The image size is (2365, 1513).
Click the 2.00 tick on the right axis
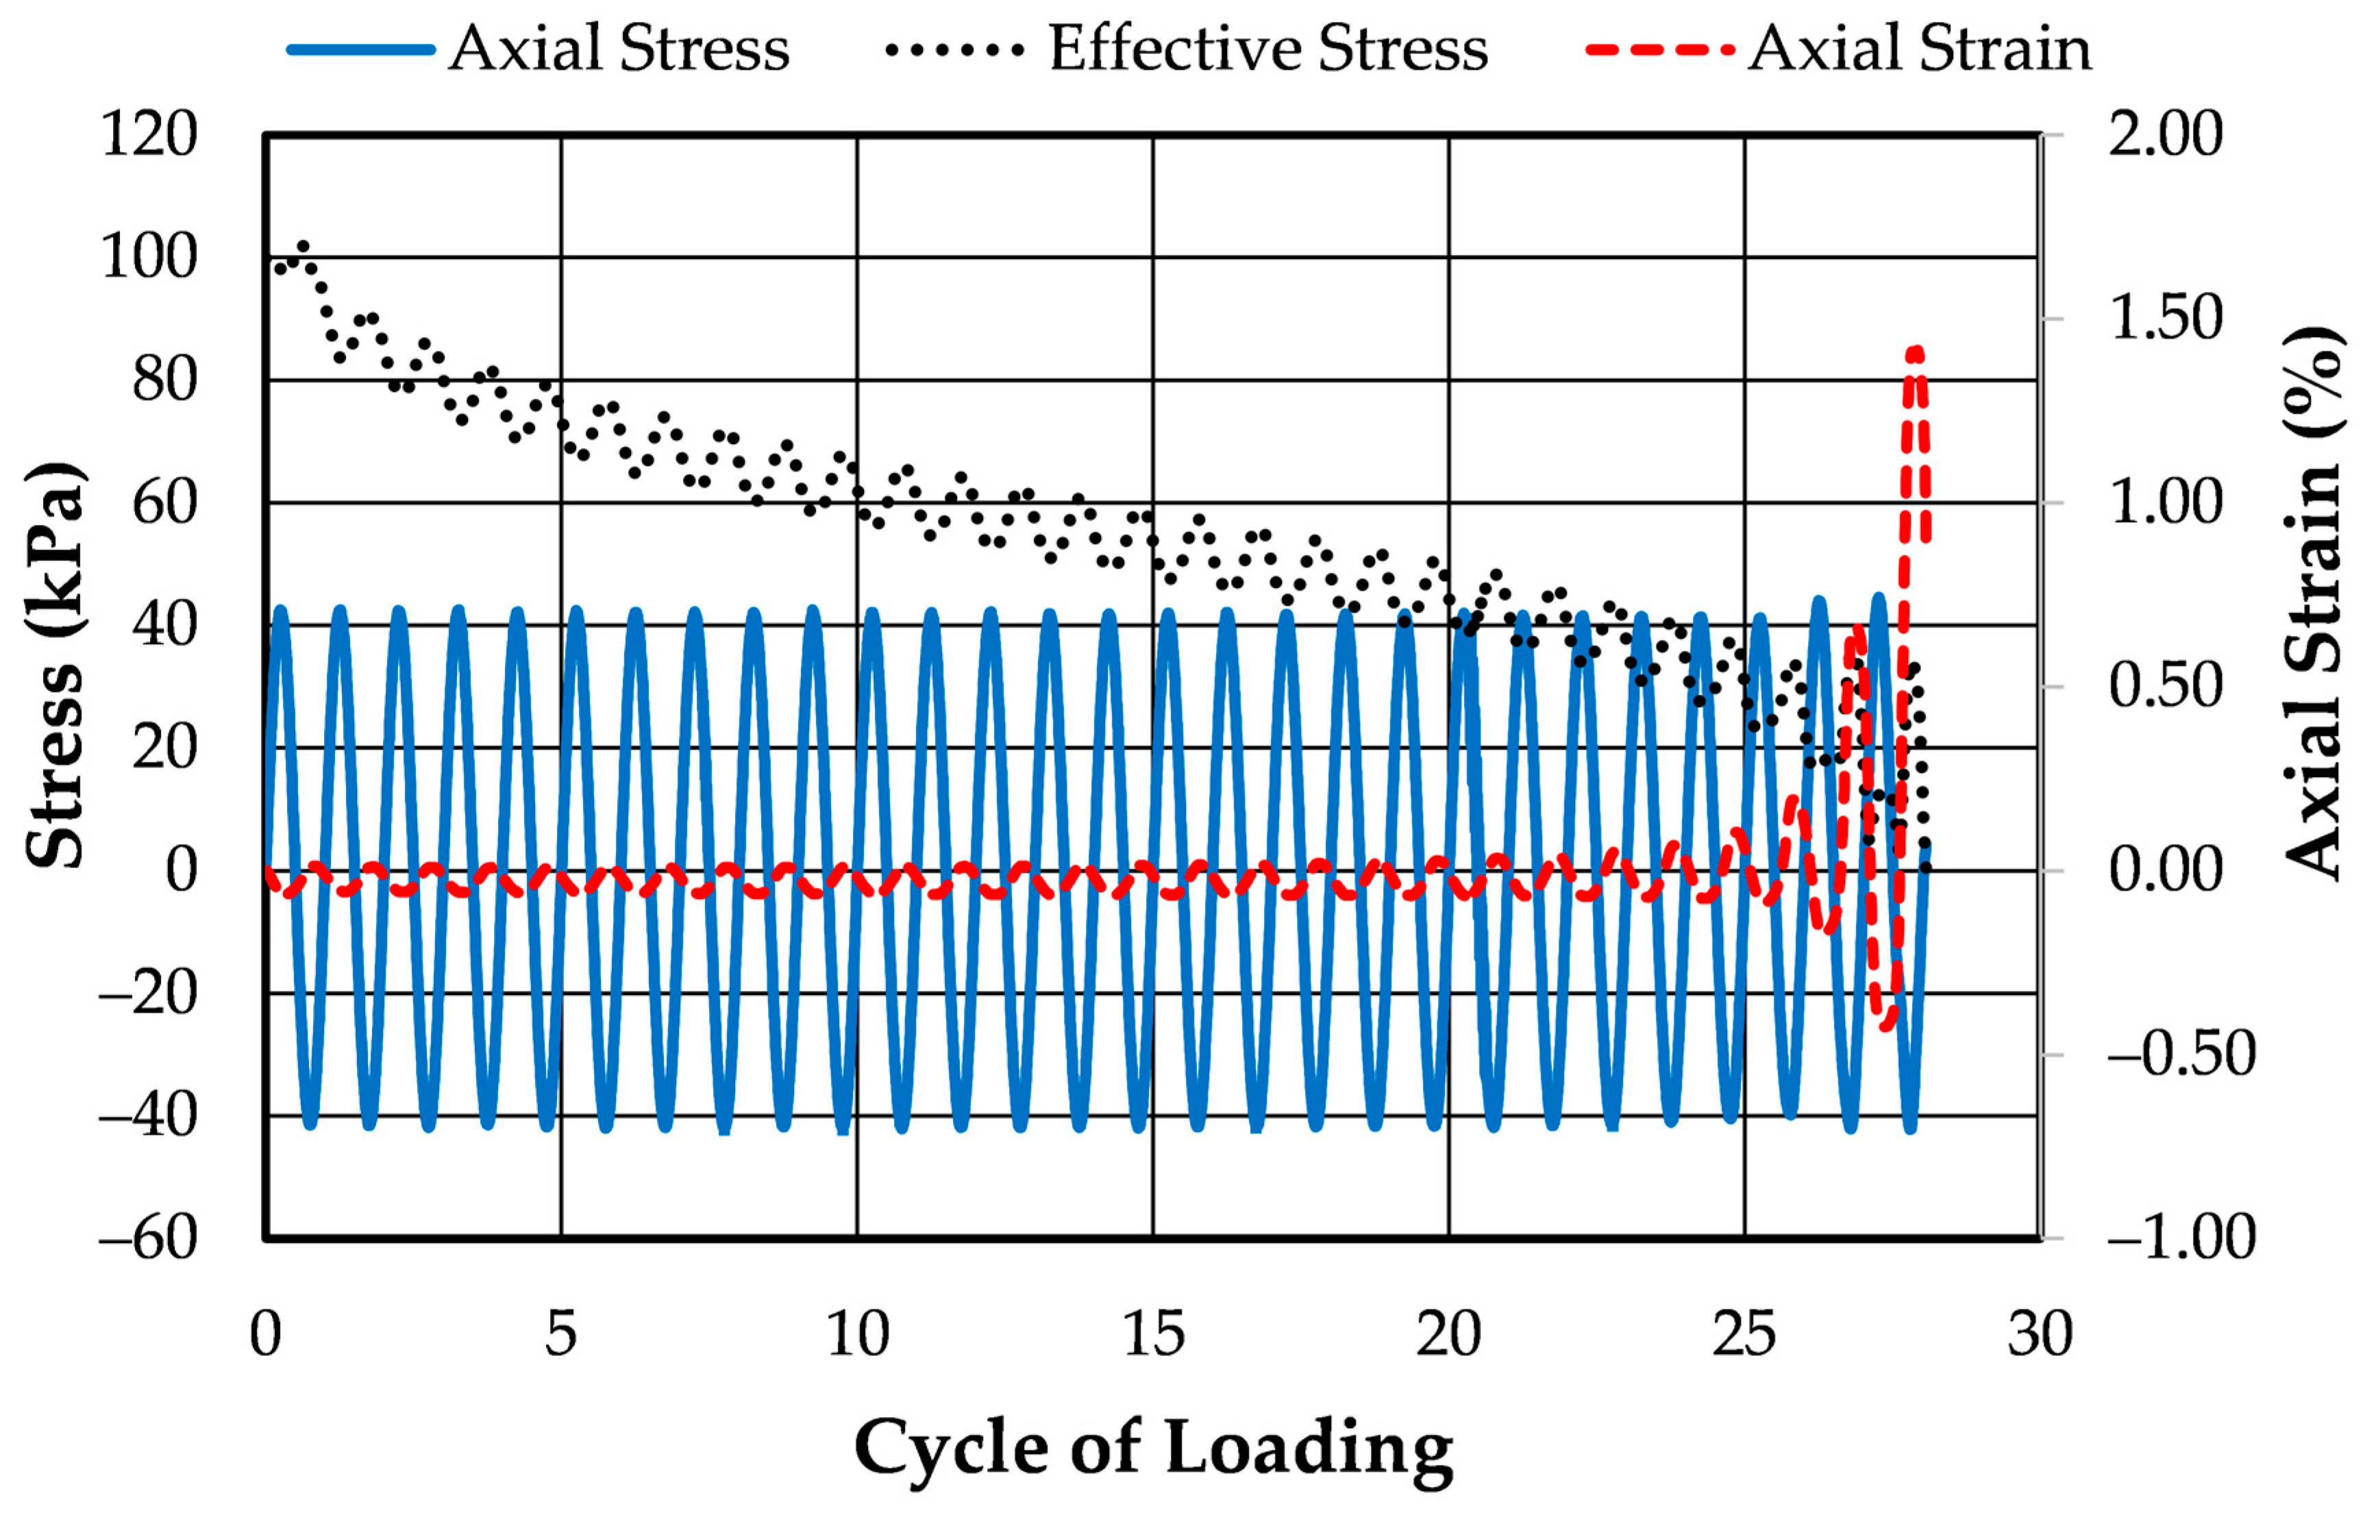[x=2165, y=134]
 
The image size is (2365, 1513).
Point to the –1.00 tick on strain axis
[x=2180, y=1238]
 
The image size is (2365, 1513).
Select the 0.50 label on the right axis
[x=2165, y=686]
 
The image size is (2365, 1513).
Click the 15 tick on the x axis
[x=1153, y=1334]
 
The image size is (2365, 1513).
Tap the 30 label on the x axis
[x=2040, y=1334]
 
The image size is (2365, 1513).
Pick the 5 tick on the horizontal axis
[x=561, y=1334]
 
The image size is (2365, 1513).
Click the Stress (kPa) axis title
[x=56, y=666]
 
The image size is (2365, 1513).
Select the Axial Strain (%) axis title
[x=2312, y=604]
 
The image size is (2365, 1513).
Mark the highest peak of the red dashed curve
[x=1914, y=351]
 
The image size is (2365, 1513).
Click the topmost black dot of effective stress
[x=303, y=247]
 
